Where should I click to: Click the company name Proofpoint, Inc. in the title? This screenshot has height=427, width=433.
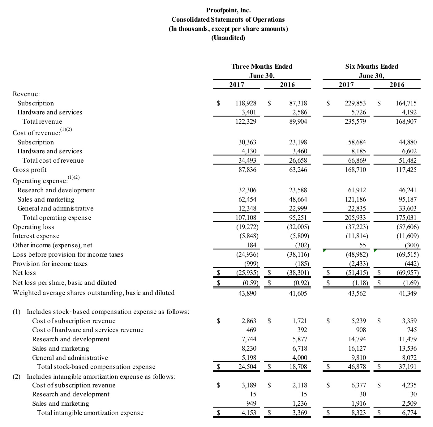tap(228, 10)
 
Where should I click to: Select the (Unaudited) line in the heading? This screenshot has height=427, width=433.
tap(228, 38)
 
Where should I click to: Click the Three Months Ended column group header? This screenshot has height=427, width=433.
tap(262, 66)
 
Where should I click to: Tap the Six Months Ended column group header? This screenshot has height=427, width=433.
tap(371, 66)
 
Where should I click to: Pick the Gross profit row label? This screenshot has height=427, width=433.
tap(29, 170)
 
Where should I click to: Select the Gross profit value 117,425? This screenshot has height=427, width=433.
tap(406, 170)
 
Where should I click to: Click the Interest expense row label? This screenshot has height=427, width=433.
tap(36, 236)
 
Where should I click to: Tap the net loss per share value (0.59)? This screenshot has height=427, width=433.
tap(250, 283)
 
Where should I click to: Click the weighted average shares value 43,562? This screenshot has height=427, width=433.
tap(357, 293)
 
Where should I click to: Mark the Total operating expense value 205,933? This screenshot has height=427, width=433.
tap(355, 218)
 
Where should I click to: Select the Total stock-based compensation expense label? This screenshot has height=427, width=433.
tap(96, 367)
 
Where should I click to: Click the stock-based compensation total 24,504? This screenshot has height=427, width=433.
tap(247, 367)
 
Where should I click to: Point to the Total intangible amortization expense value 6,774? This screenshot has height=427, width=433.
tap(409, 413)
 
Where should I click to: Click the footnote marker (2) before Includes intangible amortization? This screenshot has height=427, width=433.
tap(16, 377)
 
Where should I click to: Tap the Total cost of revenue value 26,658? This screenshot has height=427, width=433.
tap(298, 160)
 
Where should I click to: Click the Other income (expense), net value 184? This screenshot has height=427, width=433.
tap(251, 245)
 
